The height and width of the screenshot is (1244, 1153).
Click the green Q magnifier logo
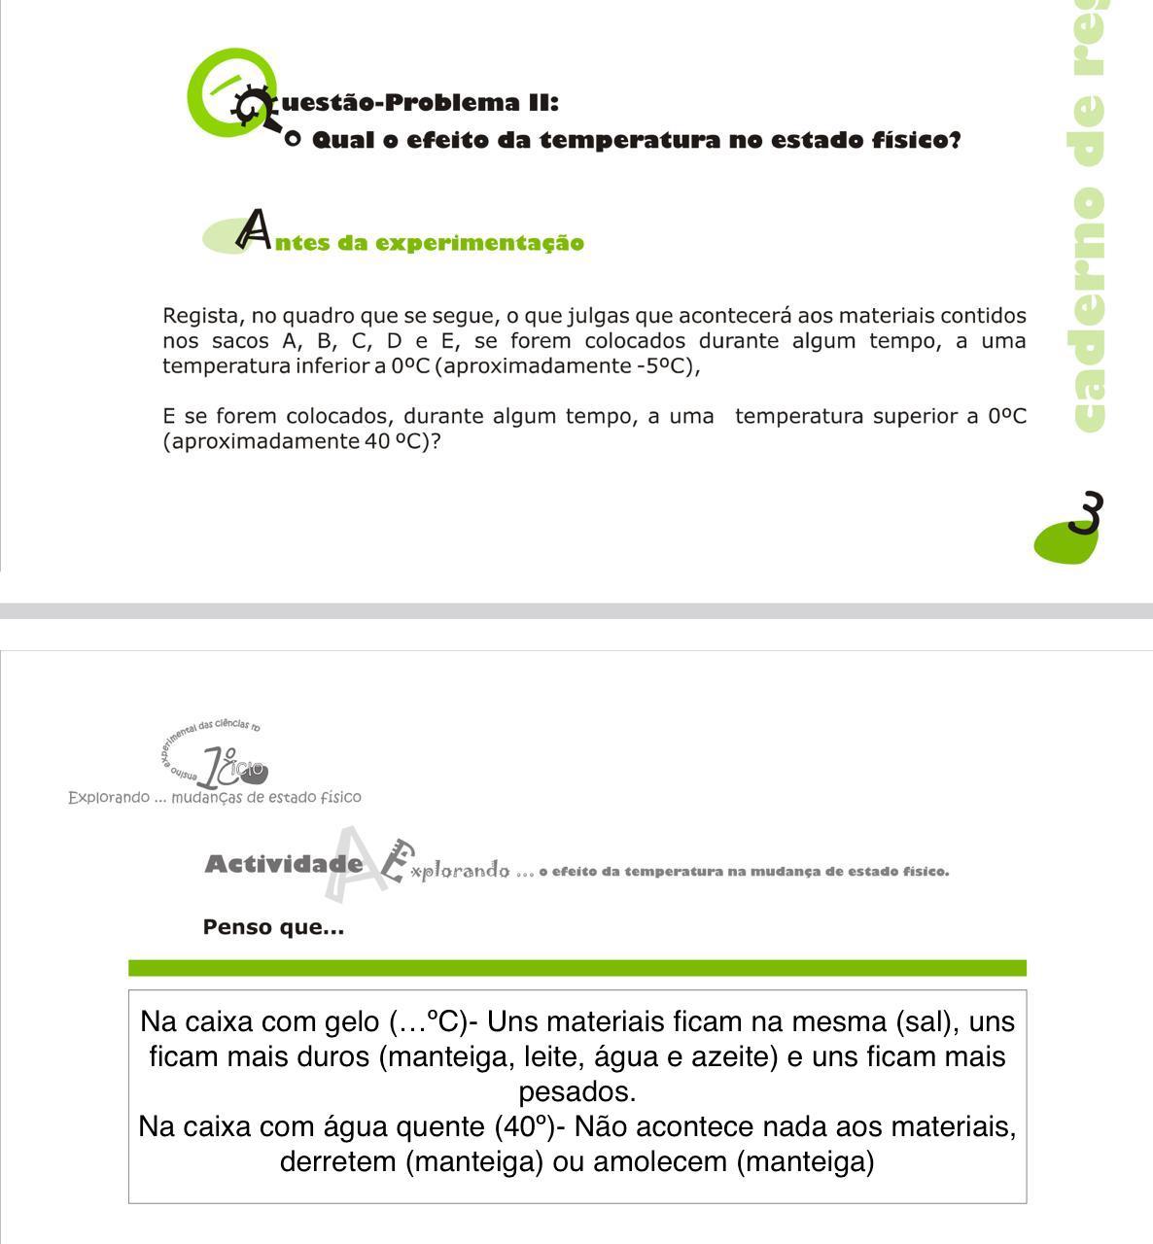pos(231,93)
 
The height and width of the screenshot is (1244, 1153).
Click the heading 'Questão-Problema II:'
pos(418,102)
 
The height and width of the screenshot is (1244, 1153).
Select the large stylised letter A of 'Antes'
pos(255,229)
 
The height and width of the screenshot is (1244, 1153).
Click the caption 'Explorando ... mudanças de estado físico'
pos(214,797)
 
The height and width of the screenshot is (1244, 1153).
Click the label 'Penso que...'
pos(273,927)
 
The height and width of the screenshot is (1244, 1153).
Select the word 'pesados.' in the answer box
pos(576,1091)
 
